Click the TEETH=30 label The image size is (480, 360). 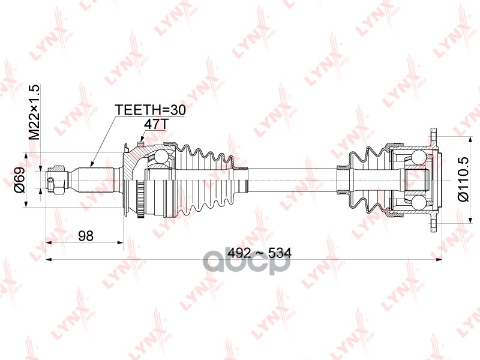(151, 110)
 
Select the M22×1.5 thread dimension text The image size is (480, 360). (34, 113)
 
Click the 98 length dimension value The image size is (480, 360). (85, 236)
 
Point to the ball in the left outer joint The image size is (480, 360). (161, 158)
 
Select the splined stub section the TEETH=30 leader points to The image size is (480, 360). (96, 178)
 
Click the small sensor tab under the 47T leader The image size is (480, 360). (140, 144)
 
